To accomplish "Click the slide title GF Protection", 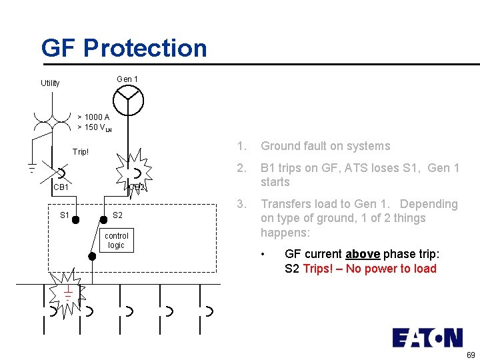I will click(x=124, y=48).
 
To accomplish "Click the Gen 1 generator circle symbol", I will click(x=127, y=101).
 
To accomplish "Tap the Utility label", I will click(x=50, y=83).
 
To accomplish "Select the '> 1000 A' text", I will click(x=93, y=117).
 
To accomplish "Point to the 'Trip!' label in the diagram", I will click(x=81, y=152).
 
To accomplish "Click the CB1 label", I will click(x=61, y=187).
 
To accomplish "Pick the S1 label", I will click(x=65, y=215).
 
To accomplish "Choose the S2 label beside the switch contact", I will click(x=117, y=215).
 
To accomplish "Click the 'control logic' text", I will click(x=117, y=241).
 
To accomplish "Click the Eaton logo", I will click(x=427, y=338).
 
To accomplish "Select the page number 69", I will click(x=471, y=355).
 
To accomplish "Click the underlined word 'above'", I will click(x=362, y=254).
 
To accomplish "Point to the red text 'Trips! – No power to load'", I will click(x=369, y=269).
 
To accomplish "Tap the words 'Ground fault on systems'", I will click(x=325, y=146).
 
